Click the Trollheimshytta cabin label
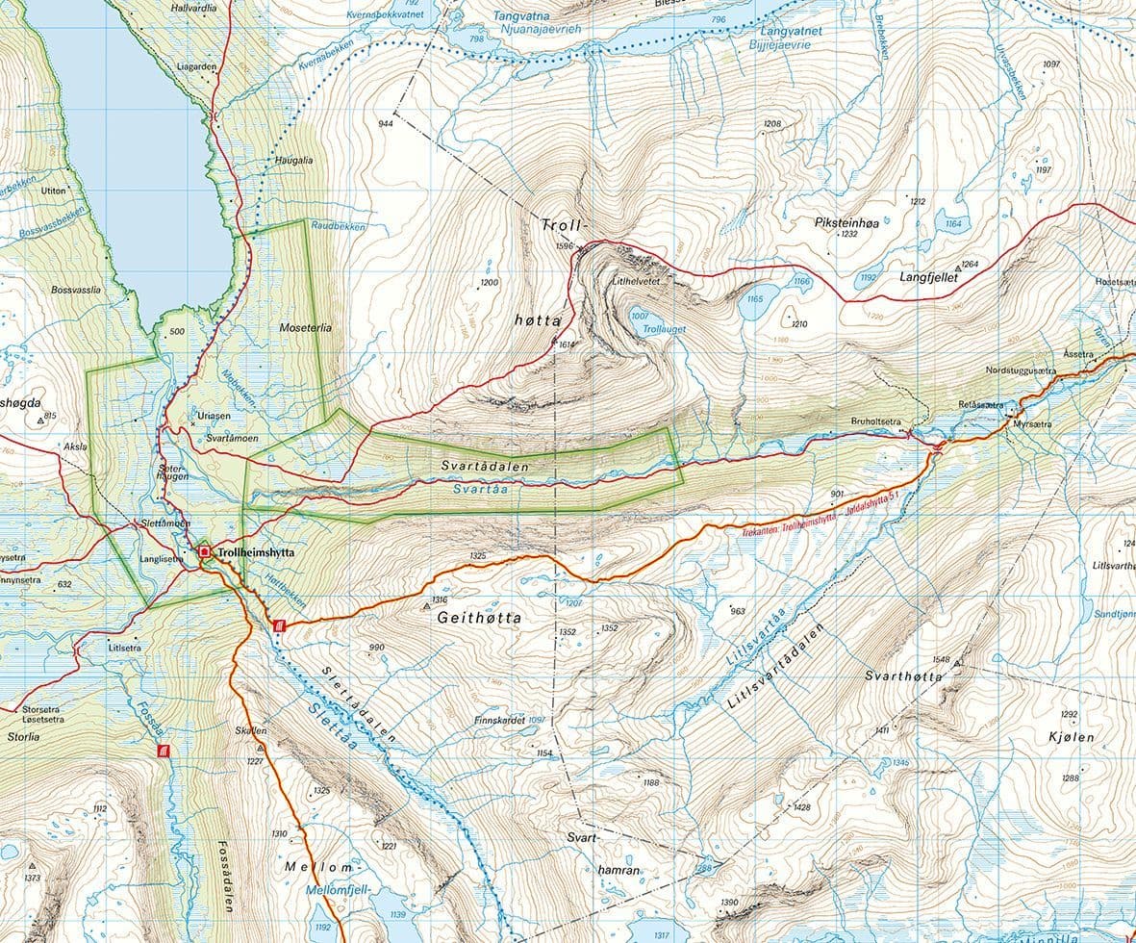(255, 553)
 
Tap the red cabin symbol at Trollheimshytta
(205, 552)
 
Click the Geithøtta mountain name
(480, 618)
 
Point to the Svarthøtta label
(903, 676)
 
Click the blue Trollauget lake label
(663, 329)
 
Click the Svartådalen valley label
(485, 466)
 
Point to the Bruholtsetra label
(875, 421)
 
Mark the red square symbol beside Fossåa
(164, 750)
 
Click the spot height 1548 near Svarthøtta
(941, 660)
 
